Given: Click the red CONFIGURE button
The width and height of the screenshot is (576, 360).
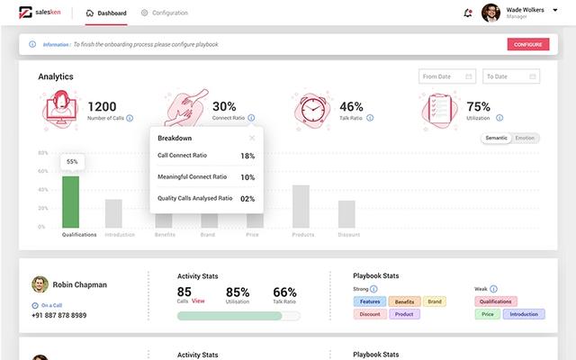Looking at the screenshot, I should click(x=527, y=44).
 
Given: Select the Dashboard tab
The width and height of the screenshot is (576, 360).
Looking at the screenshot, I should click(x=106, y=13).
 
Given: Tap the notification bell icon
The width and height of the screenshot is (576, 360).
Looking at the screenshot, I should click(x=467, y=13).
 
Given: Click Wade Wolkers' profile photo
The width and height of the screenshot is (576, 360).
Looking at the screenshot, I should click(x=490, y=13).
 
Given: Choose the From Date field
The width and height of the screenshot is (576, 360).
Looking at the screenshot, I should click(x=447, y=76).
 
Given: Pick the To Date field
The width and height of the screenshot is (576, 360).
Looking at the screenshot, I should click(x=510, y=76).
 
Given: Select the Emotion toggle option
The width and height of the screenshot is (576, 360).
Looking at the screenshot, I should click(x=525, y=138).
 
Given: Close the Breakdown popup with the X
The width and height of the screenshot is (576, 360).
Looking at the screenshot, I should click(x=252, y=139).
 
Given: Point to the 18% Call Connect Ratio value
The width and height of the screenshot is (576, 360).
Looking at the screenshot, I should click(x=247, y=156).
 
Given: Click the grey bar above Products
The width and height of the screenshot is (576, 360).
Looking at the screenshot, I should click(x=301, y=206).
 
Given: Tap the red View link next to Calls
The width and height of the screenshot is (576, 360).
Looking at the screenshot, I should click(x=198, y=301).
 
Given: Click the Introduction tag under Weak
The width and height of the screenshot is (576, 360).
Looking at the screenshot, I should click(x=523, y=314).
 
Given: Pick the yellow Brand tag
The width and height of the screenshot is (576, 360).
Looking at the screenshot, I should click(x=435, y=301).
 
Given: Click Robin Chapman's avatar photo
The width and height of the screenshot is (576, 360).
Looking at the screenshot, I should click(x=40, y=284).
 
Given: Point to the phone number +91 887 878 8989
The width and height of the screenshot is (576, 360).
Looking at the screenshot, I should click(x=59, y=315).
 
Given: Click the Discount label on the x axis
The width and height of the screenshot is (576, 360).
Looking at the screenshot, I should click(x=348, y=235).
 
